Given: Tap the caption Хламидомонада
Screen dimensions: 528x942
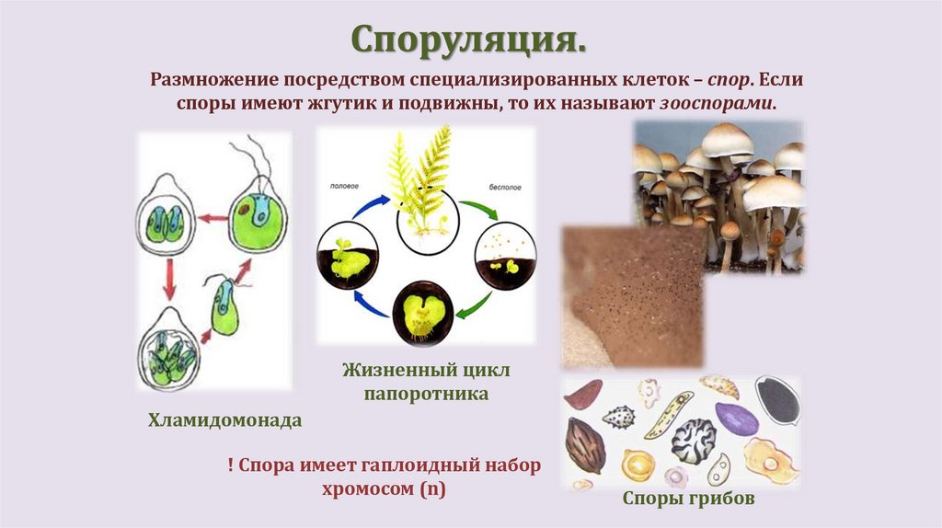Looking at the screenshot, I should (225, 421).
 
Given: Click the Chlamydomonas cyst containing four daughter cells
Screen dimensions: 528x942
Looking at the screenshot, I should (167, 354).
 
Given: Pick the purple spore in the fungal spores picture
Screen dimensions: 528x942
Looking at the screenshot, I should (736, 419).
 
